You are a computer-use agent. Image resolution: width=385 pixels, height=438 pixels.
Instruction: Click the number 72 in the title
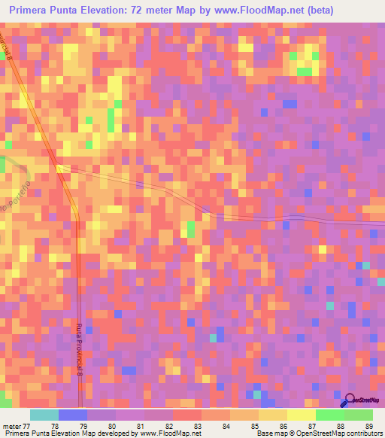point(164,10)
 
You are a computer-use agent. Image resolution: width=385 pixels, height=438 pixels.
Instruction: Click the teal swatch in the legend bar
point(44,414)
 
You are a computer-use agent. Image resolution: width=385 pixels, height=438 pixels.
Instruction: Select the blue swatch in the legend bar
point(73,414)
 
